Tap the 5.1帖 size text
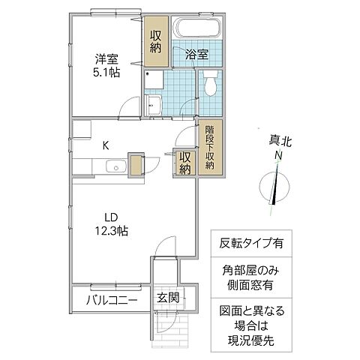[x=106, y=73]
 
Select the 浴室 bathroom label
[x=198, y=54]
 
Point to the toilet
[x=211, y=82]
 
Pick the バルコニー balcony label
[x=110, y=301]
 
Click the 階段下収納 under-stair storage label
[x=210, y=147]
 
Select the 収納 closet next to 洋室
[x=156, y=40]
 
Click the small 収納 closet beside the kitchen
[x=185, y=163]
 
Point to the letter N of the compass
[x=277, y=154]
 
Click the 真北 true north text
[x=277, y=140]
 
